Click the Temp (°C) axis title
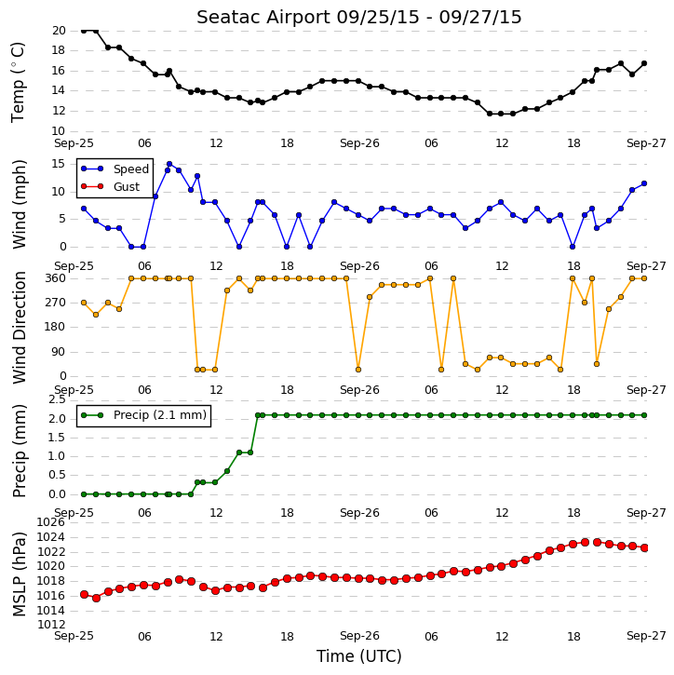coord(18,82)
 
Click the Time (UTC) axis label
coord(358,656)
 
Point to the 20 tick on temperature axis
coord(59,31)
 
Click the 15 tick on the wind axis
coord(59,164)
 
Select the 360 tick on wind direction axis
coord(56,278)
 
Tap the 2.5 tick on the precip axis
coord(57,400)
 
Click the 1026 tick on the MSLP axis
coord(51,522)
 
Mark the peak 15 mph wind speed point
coord(169,164)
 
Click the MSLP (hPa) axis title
coord(19,574)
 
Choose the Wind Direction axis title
coord(19,327)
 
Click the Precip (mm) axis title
coord(19,452)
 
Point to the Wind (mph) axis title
coord(19,204)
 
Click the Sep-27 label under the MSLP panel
coord(646,635)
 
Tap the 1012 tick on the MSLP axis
coord(51,625)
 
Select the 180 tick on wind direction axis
coord(56,327)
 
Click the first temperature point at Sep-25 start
coord(84,31)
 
